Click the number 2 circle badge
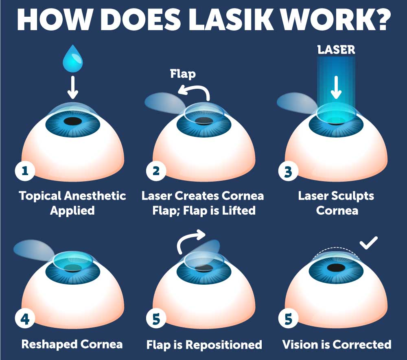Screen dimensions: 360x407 pyautogui.click(x=156, y=171)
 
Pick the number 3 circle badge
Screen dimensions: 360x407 pyautogui.click(x=288, y=171)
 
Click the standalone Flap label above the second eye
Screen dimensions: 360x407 pyautogui.click(x=183, y=74)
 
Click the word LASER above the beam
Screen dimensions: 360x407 pyautogui.click(x=336, y=50)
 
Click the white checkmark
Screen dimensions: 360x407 pyautogui.click(x=369, y=243)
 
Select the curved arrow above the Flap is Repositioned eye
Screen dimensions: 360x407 pyautogui.click(x=191, y=240)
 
